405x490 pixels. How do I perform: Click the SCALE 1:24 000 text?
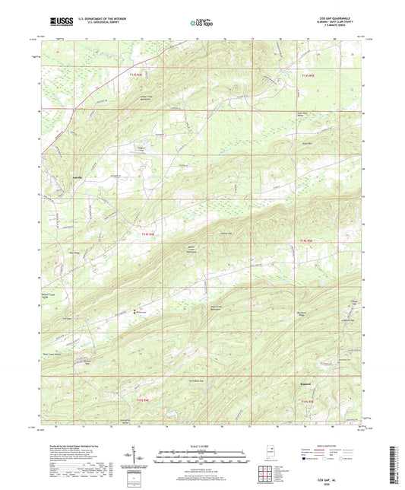coord(201,445)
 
